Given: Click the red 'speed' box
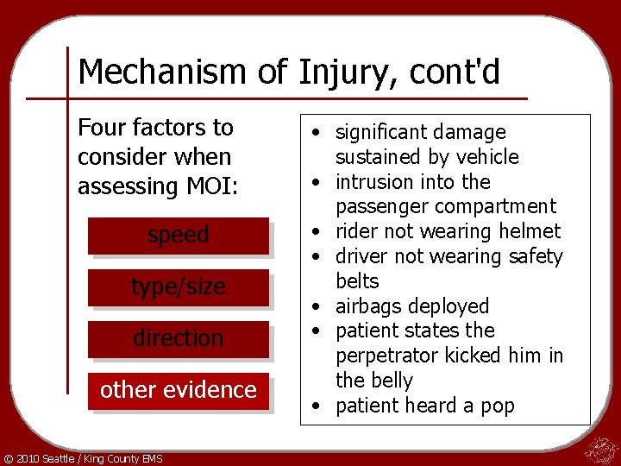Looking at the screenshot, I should click(x=179, y=235).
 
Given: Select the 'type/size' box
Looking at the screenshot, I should click(x=179, y=287).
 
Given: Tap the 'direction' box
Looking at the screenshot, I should click(x=179, y=338).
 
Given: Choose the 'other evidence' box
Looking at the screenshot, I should click(x=179, y=390).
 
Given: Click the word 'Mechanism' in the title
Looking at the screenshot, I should click(x=162, y=72).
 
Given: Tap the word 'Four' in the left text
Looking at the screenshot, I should click(x=101, y=128).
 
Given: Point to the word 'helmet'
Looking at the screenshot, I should click(x=530, y=231).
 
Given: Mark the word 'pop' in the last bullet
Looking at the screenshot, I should click(x=498, y=406).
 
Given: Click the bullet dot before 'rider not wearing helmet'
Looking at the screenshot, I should click(x=318, y=232).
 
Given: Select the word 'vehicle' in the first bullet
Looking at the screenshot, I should click(x=488, y=157).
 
